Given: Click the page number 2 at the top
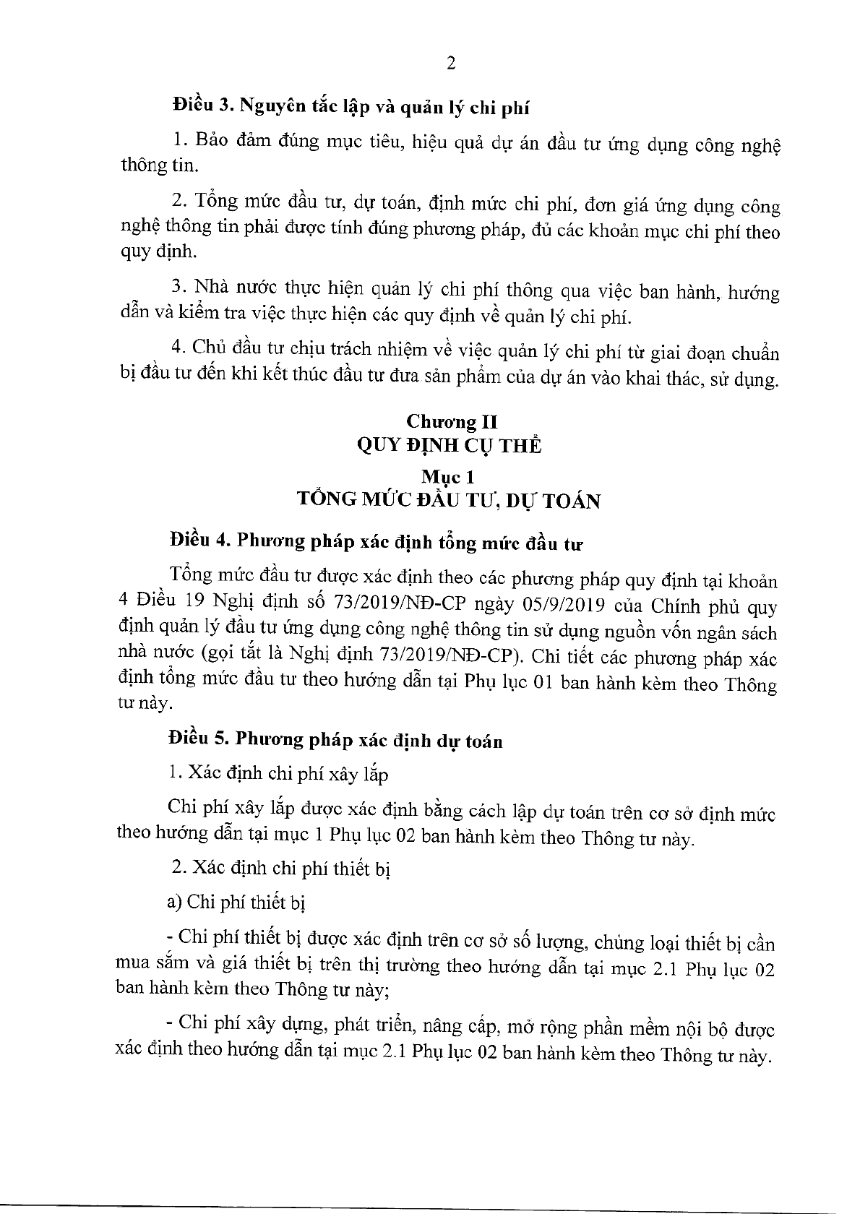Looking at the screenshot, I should pos(451,64).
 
